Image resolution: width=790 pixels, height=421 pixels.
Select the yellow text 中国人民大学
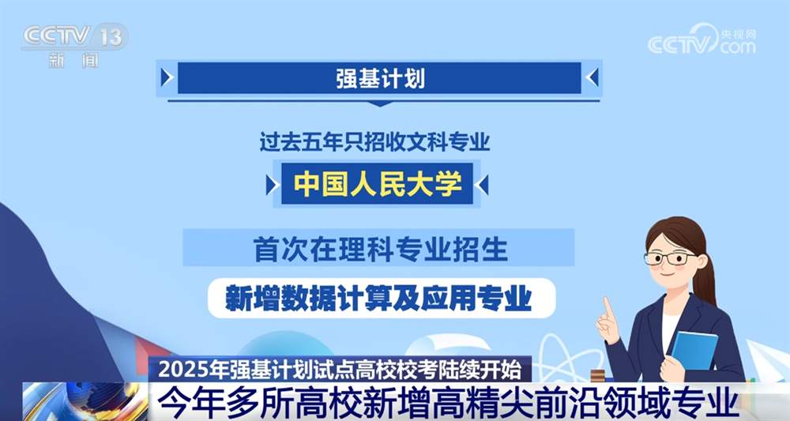(378, 184)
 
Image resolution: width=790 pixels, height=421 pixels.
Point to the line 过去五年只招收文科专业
(375, 143)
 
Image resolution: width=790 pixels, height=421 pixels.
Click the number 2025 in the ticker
(179, 369)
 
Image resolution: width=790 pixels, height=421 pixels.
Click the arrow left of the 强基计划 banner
(166, 77)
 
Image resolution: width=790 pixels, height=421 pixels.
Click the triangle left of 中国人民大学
(272, 185)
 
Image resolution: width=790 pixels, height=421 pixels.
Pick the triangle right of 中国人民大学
(483, 185)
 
